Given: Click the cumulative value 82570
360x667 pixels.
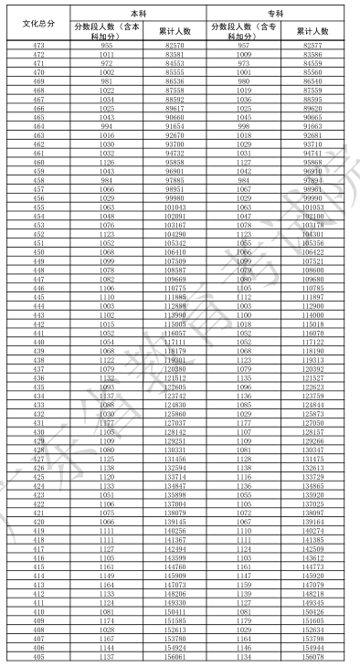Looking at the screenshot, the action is click(x=175, y=45).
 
